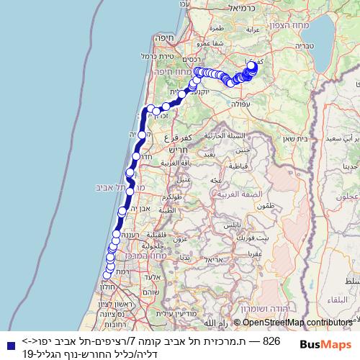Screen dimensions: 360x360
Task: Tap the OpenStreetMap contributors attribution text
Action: [295, 323]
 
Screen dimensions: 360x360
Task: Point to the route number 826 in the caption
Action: [271, 341]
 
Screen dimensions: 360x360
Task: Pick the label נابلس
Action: [231, 225]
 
